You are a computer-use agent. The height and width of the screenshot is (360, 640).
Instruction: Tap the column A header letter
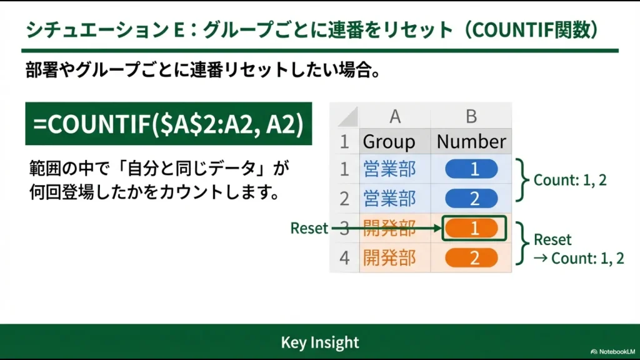tap(394, 116)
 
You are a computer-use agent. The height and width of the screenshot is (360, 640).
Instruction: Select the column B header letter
tap(471, 116)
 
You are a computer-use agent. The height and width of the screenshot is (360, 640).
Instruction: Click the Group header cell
tap(389, 141)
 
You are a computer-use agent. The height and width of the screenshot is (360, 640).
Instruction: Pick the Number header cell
tap(471, 141)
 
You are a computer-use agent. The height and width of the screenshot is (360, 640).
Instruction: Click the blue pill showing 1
tap(471, 169)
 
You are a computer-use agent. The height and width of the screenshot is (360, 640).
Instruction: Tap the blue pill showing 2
tap(471, 198)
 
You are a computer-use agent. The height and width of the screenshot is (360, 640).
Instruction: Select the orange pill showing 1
tap(473, 228)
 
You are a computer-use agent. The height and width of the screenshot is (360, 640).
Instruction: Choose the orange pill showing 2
tap(471, 257)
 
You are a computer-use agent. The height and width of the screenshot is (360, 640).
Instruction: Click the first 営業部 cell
tap(389, 169)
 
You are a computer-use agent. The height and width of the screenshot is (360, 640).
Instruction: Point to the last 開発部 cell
tap(389, 257)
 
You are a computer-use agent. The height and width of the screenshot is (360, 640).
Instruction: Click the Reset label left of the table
tap(309, 229)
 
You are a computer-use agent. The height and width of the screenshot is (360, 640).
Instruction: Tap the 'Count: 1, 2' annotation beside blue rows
tap(569, 180)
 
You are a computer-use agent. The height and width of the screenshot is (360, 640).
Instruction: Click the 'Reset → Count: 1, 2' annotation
tap(577, 249)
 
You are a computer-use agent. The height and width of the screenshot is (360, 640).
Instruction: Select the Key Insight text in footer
tap(320, 342)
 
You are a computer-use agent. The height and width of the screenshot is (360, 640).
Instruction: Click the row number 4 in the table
tap(344, 257)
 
